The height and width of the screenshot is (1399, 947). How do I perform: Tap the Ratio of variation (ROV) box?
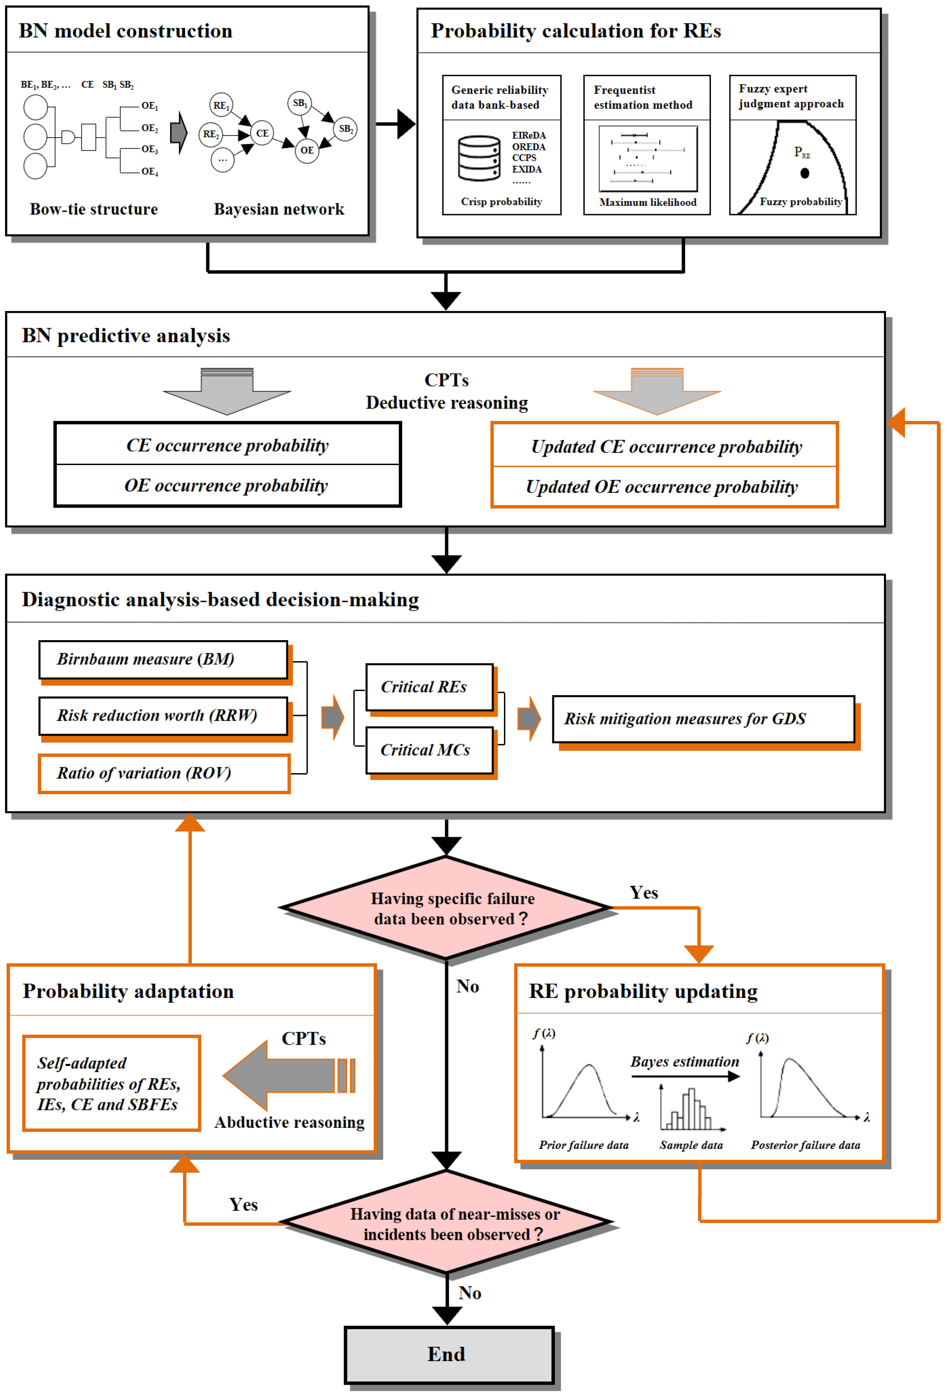pos(164,774)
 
